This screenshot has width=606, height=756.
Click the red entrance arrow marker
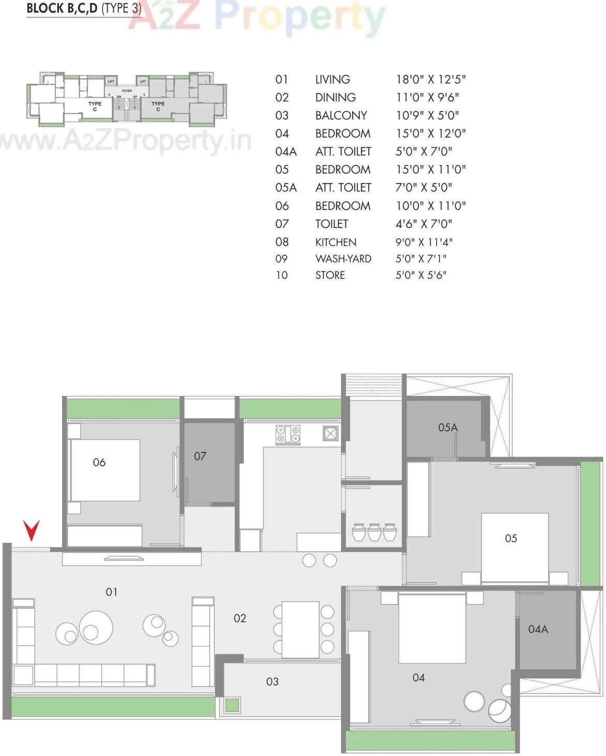point(32,530)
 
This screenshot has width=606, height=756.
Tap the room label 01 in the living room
point(112,592)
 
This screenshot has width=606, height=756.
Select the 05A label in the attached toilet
point(448,427)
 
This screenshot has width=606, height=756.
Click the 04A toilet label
point(538,629)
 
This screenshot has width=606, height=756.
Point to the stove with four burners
point(288,434)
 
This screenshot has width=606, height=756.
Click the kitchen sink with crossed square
point(330,433)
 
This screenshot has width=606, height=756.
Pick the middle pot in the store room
point(374,532)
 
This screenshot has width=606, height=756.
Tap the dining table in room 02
point(300,629)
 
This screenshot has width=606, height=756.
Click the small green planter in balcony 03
point(232,705)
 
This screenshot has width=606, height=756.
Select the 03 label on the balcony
point(272,682)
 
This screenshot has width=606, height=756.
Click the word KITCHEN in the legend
point(336,242)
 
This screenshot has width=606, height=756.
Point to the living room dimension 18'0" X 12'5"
point(431,79)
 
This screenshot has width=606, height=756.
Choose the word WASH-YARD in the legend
point(343,259)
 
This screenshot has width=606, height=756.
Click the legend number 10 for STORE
point(281,275)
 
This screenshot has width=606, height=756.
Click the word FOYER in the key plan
point(127,90)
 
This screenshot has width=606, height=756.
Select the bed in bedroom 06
point(105,470)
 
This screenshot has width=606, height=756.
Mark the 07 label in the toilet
point(200,456)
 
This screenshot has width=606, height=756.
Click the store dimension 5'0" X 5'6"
point(421,275)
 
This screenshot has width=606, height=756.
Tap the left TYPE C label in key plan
point(95,106)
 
